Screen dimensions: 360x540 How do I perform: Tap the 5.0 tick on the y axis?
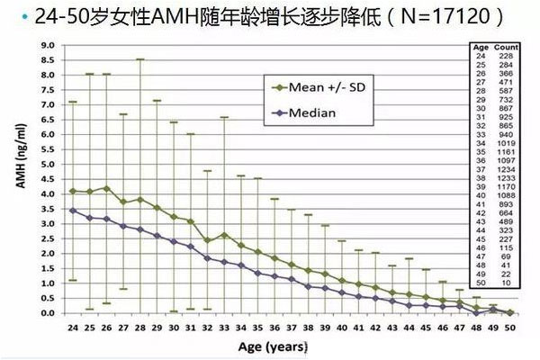(46, 165)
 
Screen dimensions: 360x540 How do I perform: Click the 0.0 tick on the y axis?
(46, 313)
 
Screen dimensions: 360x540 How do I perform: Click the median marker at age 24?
(72, 211)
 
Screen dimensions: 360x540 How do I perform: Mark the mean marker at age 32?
(208, 241)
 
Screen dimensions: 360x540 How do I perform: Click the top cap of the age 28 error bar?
(140, 59)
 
